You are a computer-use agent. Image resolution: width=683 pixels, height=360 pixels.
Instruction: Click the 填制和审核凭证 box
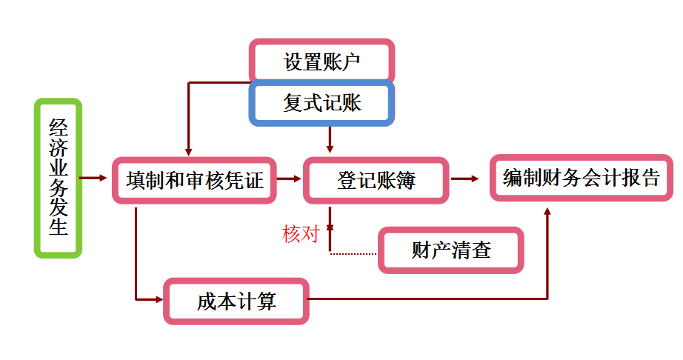pos(195,180)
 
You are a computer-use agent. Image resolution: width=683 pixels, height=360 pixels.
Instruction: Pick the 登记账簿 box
pos(376,180)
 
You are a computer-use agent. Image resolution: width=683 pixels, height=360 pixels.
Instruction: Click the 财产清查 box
pos(451,250)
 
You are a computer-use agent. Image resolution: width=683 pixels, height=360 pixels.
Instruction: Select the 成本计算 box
pos(236,301)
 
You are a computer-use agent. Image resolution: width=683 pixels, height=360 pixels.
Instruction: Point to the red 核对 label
pos(300,234)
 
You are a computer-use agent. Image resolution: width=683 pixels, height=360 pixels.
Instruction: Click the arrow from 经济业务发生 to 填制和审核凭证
pos(94,178)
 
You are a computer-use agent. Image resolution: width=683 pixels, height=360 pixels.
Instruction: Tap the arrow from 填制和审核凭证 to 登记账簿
pos(288,179)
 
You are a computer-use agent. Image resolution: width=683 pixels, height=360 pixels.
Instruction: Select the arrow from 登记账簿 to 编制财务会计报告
pos(467,179)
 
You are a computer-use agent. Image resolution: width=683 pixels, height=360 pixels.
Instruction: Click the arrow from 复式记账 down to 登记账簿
pos(330,139)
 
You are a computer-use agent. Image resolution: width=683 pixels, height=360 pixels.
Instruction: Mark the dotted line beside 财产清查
pos(353,254)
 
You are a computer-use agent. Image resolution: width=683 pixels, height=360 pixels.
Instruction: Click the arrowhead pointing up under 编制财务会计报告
pos(547,213)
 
